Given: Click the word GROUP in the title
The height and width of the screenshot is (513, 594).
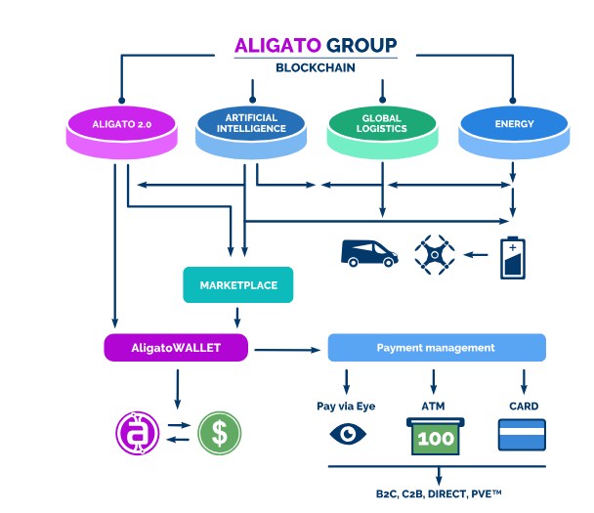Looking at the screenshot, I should click(x=361, y=45).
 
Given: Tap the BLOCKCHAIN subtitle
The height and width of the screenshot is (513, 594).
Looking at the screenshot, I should click(x=315, y=68).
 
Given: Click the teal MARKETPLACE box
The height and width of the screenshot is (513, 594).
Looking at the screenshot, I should click(x=238, y=284).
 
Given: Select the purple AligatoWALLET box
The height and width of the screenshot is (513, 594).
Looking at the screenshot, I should click(x=176, y=347).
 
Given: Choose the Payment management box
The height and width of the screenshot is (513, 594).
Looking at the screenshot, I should click(x=436, y=347).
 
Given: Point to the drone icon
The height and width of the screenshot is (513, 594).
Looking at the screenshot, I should click(x=435, y=254).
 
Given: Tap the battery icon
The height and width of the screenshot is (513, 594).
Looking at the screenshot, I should click(x=512, y=256).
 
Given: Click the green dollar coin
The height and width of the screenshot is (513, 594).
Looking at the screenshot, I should click(x=219, y=431).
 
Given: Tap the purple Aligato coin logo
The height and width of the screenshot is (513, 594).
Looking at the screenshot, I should click(x=137, y=431).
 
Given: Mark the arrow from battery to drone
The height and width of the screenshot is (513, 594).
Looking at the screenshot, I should click(x=476, y=255).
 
